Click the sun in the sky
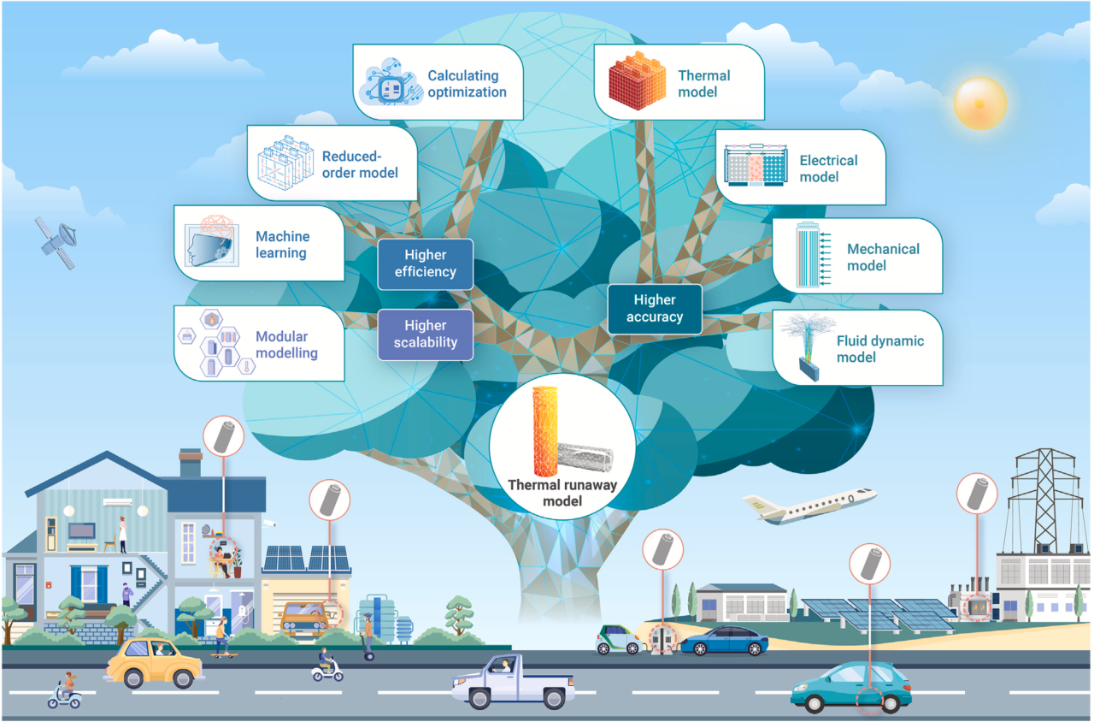point(979,102)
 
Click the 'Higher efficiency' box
point(425,263)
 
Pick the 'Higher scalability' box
point(425,334)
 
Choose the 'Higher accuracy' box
point(655,309)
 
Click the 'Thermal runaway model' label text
point(562,493)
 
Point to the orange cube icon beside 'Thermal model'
point(636,82)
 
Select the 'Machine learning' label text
point(282,244)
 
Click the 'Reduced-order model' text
point(360,164)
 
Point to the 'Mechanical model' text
point(883,257)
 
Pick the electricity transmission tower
point(1044,497)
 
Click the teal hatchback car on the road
point(850,686)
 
